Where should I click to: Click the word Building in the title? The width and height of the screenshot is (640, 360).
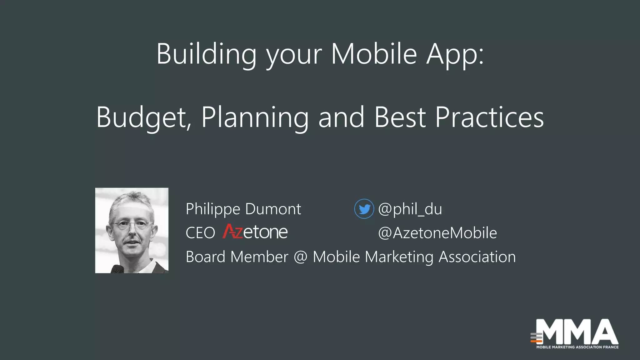point(206,55)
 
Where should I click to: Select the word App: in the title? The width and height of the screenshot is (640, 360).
point(455,55)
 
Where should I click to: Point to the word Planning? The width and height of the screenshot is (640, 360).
point(255,118)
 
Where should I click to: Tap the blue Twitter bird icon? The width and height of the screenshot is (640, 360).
point(364,209)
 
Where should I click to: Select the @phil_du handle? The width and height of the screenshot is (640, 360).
point(410,209)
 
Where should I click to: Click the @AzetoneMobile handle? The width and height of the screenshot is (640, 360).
point(437,233)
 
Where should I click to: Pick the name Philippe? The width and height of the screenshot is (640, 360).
point(213,209)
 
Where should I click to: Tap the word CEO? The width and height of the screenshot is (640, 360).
point(200,233)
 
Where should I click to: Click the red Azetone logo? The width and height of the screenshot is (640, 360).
point(255,232)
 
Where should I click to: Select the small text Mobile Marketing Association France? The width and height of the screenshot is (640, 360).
point(577,347)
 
